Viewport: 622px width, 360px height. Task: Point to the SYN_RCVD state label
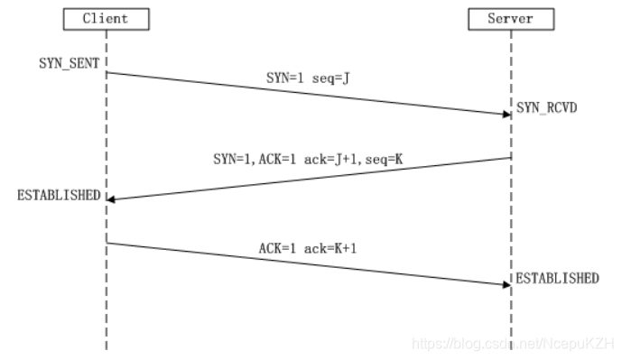click(x=546, y=107)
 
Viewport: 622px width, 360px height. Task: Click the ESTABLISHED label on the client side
click(x=58, y=195)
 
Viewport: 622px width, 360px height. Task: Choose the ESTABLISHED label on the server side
click(x=557, y=279)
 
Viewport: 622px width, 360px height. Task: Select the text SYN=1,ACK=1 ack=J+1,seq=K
click(x=308, y=159)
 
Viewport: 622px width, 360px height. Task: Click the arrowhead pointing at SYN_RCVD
click(x=506, y=114)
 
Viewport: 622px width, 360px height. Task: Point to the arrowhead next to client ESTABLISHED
click(x=111, y=198)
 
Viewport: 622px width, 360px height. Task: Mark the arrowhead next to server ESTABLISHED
click(x=506, y=284)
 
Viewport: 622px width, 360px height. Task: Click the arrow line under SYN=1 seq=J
click(x=308, y=93)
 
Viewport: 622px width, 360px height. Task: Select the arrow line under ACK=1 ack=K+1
click(x=308, y=263)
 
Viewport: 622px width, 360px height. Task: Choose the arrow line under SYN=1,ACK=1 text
click(x=308, y=179)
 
